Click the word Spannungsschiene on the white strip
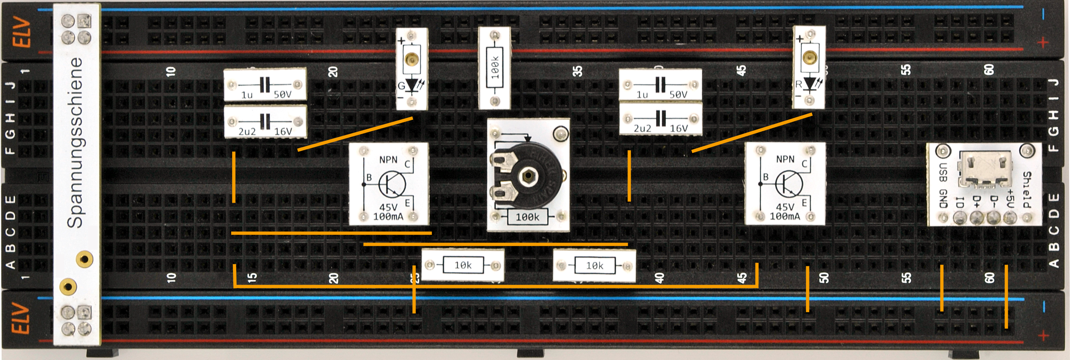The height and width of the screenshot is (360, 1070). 76,142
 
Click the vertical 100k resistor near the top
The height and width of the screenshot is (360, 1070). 494,68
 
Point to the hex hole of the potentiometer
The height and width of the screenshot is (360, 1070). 527,176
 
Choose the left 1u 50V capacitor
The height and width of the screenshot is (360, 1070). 265,85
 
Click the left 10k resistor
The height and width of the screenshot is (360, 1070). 463,265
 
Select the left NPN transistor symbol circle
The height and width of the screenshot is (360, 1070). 392,184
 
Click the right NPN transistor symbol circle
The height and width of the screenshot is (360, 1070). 789,184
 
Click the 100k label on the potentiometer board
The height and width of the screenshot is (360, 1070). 527,217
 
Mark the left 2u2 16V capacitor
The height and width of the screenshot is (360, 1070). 265,122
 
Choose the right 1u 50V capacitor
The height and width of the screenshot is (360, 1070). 660,85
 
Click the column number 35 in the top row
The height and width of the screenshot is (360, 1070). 577,71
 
